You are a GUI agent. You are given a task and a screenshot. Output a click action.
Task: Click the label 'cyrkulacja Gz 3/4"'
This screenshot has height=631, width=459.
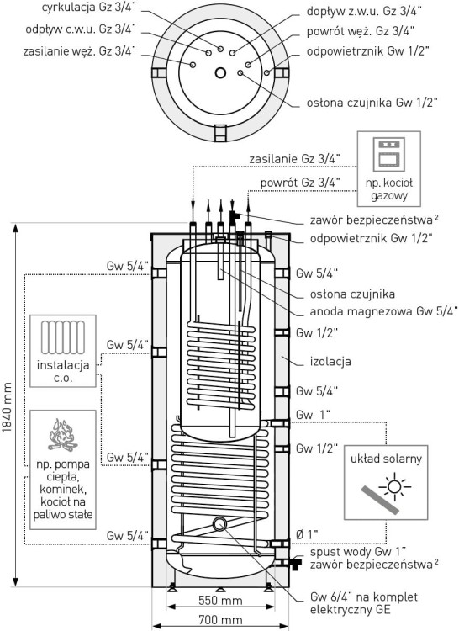pyautogui.click(x=89, y=8)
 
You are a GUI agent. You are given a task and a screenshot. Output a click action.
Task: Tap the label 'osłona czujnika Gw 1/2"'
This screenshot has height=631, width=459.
pyautogui.click(x=372, y=103)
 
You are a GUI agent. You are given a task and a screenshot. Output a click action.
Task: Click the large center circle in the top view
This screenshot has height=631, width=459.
pyautogui.click(x=220, y=73)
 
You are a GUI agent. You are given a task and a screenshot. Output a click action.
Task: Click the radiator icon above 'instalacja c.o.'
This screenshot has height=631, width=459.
pyautogui.click(x=63, y=337)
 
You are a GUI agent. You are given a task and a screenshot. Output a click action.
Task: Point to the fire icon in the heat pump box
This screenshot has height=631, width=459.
pyautogui.click(x=63, y=435)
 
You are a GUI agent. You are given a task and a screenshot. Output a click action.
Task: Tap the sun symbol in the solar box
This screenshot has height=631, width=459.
pyautogui.click(x=394, y=487)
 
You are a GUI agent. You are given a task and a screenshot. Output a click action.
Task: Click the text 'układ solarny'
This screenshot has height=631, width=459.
pyautogui.click(x=386, y=459)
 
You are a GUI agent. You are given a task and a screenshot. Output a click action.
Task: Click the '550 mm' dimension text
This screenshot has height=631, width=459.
pyautogui.click(x=220, y=601)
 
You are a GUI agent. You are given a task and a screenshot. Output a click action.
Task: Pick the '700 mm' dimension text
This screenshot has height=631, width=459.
pyautogui.click(x=220, y=619)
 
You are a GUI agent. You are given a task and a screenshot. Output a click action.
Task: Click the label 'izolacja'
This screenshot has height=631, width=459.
pyautogui.click(x=330, y=362)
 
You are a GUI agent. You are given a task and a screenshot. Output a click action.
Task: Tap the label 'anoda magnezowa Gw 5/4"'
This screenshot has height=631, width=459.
pyautogui.click(x=384, y=311)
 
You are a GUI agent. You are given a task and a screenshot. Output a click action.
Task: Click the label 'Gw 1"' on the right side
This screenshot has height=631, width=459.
pyautogui.click(x=313, y=415)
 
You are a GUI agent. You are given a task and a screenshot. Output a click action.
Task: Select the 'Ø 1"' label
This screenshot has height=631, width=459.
pyautogui.click(x=307, y=535)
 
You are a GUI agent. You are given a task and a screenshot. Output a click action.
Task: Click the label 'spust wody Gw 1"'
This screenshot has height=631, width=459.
pyautogui.click(x=358, y=552)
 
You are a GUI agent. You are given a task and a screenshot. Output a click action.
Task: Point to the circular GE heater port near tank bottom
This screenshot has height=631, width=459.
pyautogui.click(x=219, y=524)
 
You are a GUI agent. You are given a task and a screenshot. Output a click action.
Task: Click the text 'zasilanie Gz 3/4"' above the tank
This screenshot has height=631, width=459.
pyautogui.click(x=294, y=159)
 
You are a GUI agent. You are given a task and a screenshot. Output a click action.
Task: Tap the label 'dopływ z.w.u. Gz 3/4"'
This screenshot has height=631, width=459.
pyautogui.click(x=364, y=11)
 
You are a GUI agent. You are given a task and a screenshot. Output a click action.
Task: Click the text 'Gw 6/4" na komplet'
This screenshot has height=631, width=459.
pyautogui.click(x=364, y=597)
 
